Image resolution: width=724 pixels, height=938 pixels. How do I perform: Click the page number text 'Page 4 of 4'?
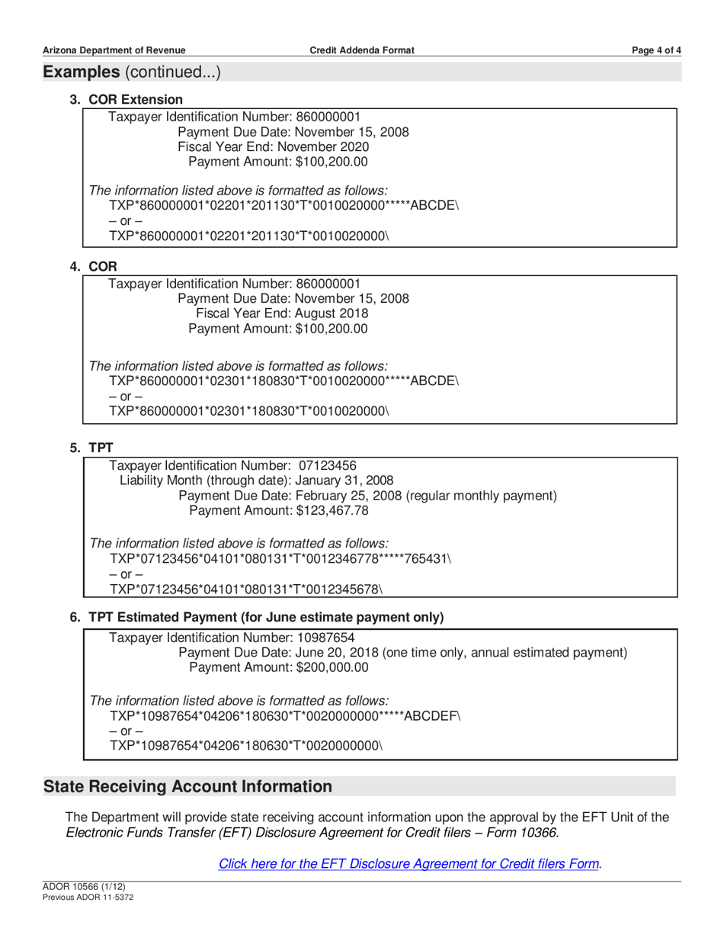click(656, 50)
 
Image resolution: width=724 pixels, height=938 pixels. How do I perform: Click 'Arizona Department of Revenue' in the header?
click(114, 50)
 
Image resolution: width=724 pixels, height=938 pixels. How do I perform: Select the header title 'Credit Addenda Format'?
click(362, 50)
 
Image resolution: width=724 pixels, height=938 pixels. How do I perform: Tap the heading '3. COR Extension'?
click(127, 100)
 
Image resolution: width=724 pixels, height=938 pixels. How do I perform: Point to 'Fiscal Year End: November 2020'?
click(274, 146)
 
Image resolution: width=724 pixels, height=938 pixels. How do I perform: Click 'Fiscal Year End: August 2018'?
click(282, 313)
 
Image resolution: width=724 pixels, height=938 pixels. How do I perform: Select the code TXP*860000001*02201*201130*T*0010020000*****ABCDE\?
click(284, 206)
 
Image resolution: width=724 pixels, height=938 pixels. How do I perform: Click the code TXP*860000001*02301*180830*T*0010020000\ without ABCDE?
click(249, 410)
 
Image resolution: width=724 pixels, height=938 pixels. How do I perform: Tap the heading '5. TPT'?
click(91, 447)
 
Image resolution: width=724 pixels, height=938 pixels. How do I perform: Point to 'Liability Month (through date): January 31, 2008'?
click(256, 480)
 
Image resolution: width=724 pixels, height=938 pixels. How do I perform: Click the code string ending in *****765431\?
click(280, 558)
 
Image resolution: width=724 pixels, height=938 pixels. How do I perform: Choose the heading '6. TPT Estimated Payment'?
click(257, 616)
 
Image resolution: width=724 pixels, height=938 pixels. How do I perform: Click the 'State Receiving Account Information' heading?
click(188, 786)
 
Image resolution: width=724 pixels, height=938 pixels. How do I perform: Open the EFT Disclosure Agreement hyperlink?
click(409, 864)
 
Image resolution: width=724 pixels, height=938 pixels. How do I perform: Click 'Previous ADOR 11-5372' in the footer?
click(88, 898)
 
